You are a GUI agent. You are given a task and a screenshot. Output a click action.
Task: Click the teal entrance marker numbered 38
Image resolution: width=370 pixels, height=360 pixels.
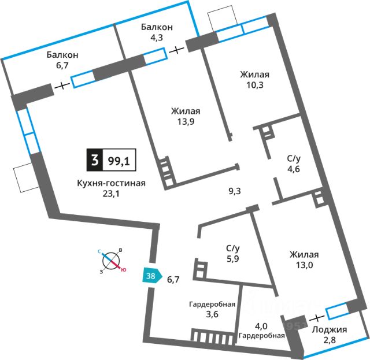(x=150, y=276)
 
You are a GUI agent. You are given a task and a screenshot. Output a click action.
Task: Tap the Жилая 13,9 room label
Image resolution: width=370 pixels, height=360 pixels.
(x=186, y=117)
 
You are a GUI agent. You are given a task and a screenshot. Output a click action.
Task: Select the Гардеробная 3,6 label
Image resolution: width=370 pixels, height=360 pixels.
(x=212, y=310)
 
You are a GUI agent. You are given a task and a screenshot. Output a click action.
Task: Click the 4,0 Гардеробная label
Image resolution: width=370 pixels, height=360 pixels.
(x=262, y=329)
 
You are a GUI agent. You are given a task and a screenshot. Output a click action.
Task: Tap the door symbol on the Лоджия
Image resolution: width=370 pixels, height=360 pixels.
(x=316, y=318)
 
